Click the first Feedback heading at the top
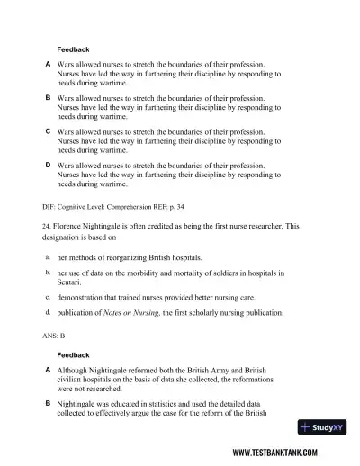tap(73, 49)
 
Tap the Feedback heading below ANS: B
tap(73, 354)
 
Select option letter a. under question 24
tap(47, 257)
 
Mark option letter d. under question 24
tap(47, 312)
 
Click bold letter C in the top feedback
tap(48, 130)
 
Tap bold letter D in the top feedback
tap(48, 165)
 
